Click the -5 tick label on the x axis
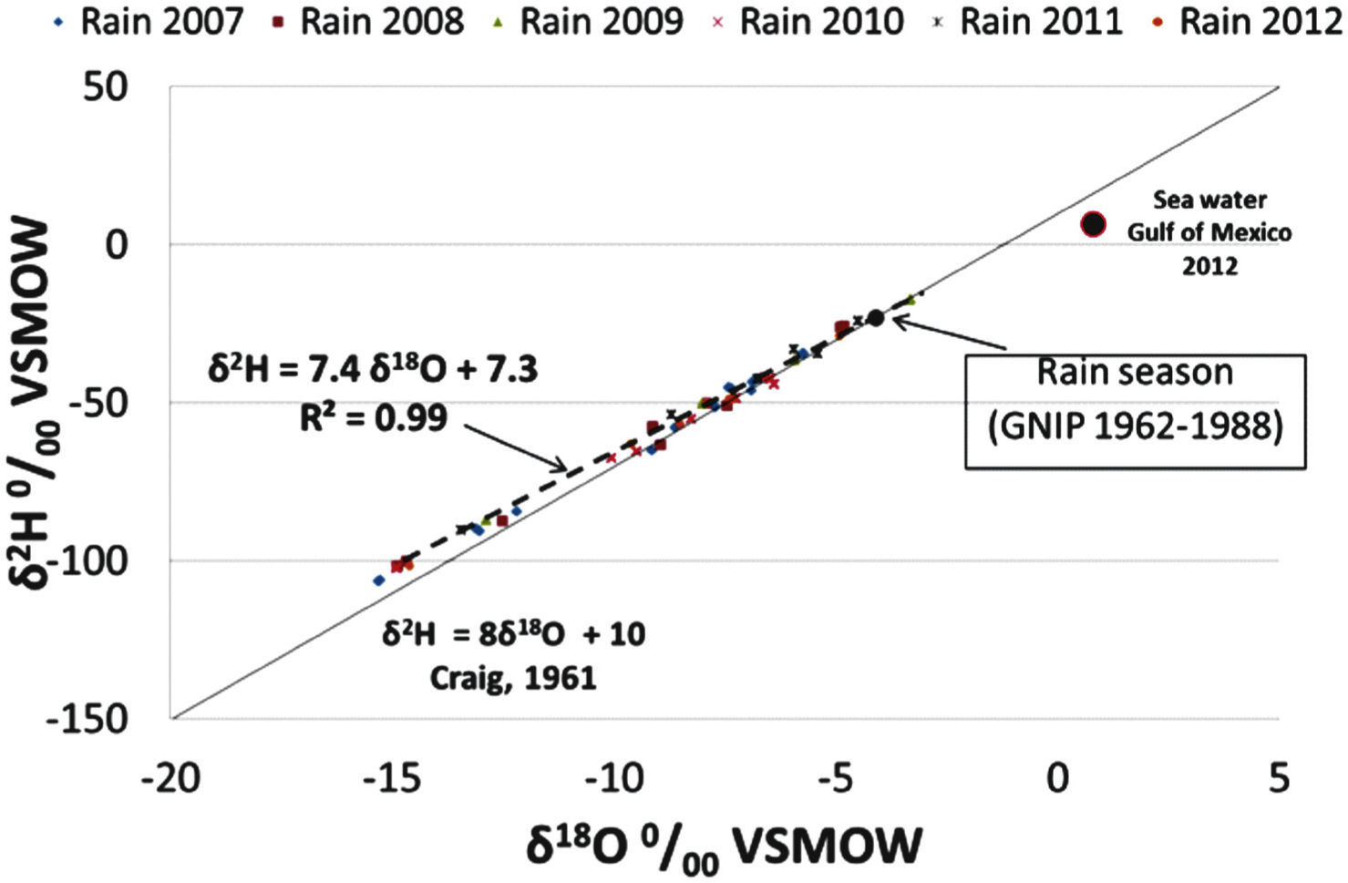(836, 779)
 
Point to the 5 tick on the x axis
(1279, 779)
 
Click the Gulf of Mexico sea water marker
(1093, 224)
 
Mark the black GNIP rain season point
(875, 318)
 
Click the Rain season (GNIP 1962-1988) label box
(1135, 412)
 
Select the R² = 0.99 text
(374, 417)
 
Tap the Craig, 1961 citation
(514, 678)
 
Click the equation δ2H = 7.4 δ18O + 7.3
(373, 370)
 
